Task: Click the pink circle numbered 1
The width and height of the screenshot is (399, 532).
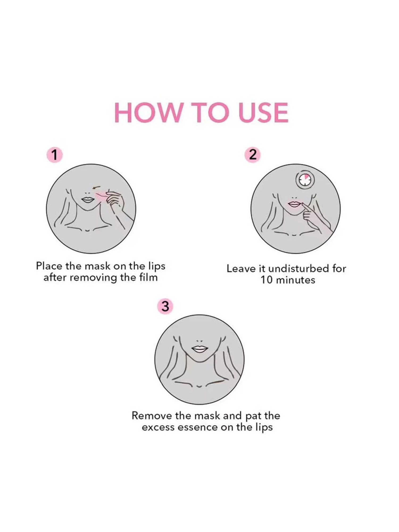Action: (x=54, y=155)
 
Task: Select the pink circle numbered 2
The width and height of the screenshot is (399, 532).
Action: (x=253, y=155)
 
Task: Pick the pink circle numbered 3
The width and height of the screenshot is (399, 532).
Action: (x=165, y=306)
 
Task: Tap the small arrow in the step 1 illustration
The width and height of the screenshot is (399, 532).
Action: (x=96, y=188)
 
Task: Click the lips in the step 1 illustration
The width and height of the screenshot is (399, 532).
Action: (x=86, y=199)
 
